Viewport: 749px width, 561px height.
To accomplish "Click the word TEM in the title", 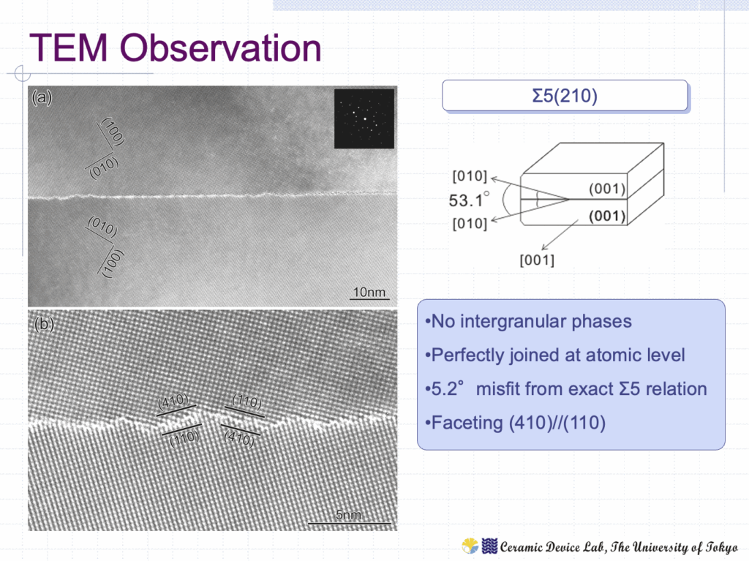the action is (69, 48).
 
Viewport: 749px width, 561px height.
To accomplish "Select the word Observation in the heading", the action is (220, 48).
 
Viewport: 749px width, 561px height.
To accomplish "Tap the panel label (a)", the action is (42, 97).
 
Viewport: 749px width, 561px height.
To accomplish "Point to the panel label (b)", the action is (44, 324).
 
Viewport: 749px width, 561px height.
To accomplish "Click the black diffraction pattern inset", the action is (364, 118).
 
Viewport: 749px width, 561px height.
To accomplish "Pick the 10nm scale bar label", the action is (369, 292).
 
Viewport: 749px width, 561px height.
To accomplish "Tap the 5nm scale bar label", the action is (348, 515).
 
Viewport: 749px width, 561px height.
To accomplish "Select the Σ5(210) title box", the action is (565, 96).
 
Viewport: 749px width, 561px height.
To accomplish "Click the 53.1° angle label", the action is (469, 200).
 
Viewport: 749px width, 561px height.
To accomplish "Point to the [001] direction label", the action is (537, 260).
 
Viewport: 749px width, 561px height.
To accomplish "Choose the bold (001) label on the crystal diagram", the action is (607, 216).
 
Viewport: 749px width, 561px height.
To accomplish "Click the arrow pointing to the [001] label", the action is (560, 235).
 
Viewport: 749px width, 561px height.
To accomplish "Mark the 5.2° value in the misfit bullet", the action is (448, 389).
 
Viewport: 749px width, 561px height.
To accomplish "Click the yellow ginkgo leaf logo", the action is (470, 546).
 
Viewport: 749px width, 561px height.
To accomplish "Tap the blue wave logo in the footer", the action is (489, 546).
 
